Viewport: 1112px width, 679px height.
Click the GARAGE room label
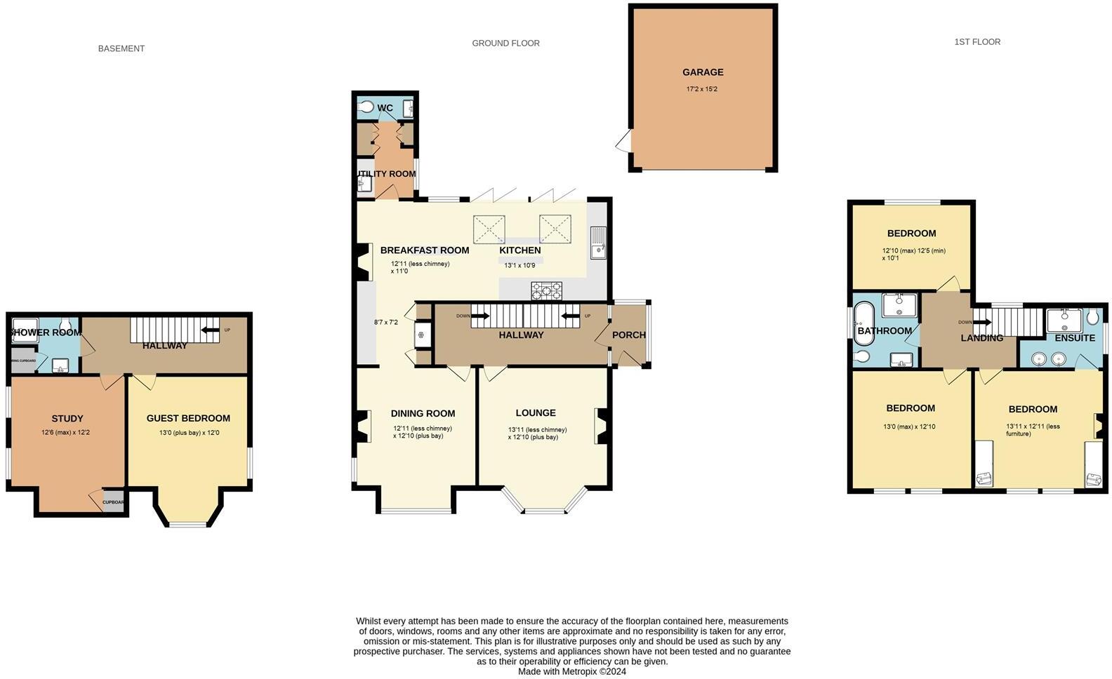(703, 72)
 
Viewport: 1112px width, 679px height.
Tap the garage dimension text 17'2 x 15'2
(702, 90)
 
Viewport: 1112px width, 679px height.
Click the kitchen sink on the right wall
(598, 243)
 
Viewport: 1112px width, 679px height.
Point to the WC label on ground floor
(385, 108)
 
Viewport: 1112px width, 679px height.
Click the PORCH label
(629, 335)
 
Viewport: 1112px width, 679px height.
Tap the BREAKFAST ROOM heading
(424, 250)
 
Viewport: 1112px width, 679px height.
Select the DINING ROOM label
(423, 414)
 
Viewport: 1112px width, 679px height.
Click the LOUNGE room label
(536, 413)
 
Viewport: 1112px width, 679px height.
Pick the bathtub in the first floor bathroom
(863, 324)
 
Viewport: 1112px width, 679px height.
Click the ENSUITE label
(1075, 338)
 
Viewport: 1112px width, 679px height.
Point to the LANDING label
(981, 338)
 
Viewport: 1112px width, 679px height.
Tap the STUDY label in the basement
(67, 419)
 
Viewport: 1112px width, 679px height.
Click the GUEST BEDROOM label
(188, 419)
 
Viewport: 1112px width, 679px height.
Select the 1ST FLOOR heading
(977, 42)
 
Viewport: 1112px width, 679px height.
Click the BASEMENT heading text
(121, 49)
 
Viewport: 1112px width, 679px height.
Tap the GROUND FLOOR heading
(505, 43)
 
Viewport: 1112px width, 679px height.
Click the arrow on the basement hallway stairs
(210, 330)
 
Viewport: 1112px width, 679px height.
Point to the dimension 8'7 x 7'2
(386, 323)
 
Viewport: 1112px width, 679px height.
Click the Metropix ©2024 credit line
(571, 671)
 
